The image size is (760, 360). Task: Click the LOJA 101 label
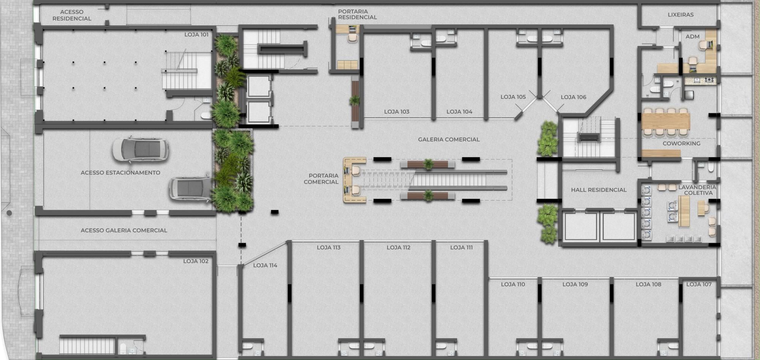(x=196, y=35)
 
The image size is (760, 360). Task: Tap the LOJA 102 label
(x=196, y=261)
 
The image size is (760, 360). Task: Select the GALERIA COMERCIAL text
(x=449, y=140)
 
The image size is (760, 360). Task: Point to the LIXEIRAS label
(x=681, y=15)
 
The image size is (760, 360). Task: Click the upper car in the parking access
(x=140, y=150)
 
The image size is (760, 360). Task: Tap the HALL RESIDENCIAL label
(x=598, y=190)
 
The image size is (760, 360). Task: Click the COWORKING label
(x=681, y=143)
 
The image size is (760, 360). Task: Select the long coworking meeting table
(x=666, y=121)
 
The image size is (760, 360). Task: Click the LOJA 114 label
(x=265, y=265)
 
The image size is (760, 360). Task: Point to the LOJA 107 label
(x=699, y=284)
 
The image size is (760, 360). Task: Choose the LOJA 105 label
(x=513, y=97)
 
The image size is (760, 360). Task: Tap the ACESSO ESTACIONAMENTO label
(x=120, y=173)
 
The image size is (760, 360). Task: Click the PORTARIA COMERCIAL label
(x=321, y=179)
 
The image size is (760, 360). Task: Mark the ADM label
(x=692, y=36)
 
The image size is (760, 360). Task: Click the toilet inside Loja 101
(x=206, y=115)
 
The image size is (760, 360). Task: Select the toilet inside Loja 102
(x=123, y=348)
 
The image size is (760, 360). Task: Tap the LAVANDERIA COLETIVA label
(x=697, y=190)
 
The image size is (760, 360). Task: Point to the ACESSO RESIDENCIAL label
(x=72, y=15)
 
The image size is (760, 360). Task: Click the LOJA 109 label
(x=575, y=284)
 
